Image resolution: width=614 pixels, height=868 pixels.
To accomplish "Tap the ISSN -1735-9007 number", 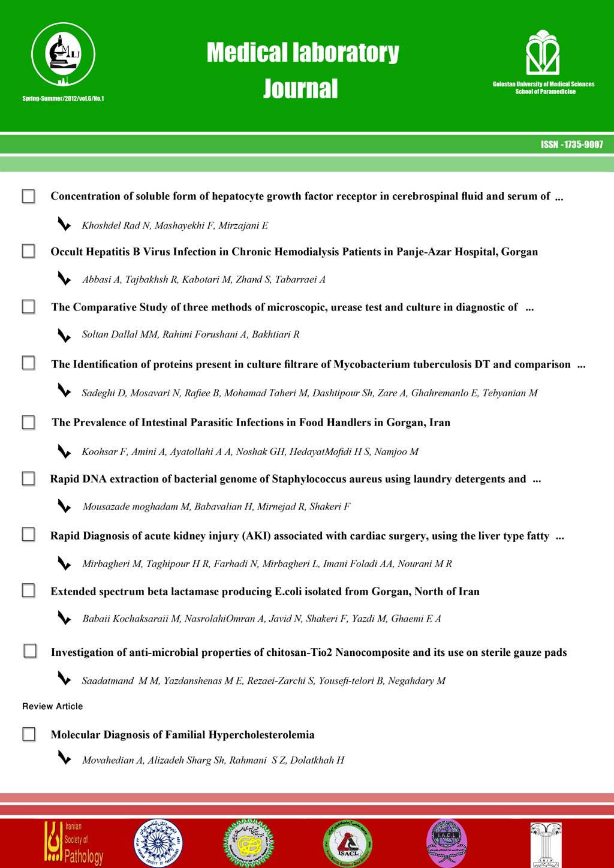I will pyautogui.click(x=571, y=144).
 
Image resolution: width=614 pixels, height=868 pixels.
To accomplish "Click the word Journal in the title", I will pyautogui.click(x=300, y=89).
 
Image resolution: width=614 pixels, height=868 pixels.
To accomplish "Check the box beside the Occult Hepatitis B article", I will pyautogui.click(x=28, y=251).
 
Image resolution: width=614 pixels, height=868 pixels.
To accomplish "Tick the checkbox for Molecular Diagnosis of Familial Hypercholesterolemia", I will pyautogui.click(x=29, y=734).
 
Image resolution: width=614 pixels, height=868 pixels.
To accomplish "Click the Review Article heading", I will pyautogui.click(x=53, y=706).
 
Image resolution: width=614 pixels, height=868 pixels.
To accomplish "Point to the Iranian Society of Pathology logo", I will pyautogui.click(x=73, y=842).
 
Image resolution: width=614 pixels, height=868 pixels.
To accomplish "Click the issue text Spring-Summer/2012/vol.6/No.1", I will pyautogui.click(x=63, y=98).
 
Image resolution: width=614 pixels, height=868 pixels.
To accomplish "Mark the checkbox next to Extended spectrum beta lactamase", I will pyautogui.click(x=28, y=590).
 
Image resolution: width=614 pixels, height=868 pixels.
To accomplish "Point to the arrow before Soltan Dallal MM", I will pyautogui.click(x=64, y=334).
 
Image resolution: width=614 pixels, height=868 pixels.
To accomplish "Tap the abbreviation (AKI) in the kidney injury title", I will pyautogui.click(x=256, y=536).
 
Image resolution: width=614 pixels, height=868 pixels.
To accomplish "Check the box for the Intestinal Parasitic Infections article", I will pyautogui.click(x=28, y=423).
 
